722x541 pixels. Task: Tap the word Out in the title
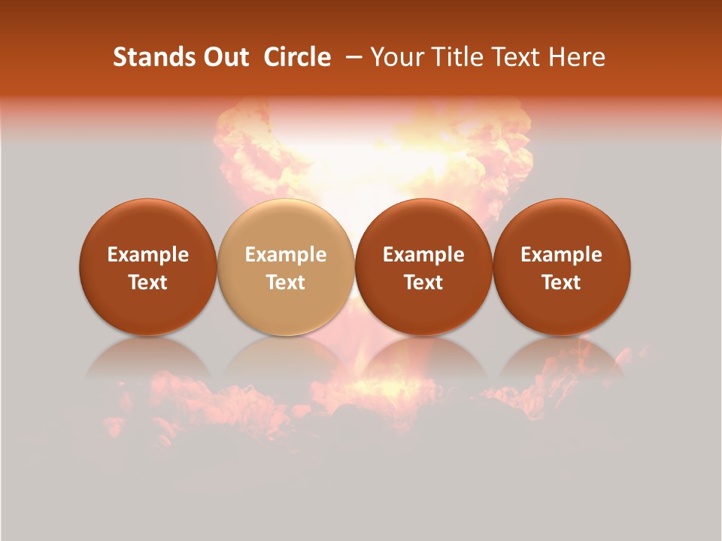point(225,57)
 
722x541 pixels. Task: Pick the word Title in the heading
point(454,57)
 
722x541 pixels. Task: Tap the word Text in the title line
point(513,57)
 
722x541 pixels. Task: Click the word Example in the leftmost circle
point(148,255)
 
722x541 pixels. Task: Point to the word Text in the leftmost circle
point(148,283)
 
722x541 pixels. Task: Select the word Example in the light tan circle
point(286,255)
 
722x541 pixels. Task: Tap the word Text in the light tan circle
point(286,283)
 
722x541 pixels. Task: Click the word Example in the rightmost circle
point(562,255)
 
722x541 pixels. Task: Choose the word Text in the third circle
point(423,283)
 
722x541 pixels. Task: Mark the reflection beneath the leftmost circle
point(147,358)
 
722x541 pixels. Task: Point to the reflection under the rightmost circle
point(561,358)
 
